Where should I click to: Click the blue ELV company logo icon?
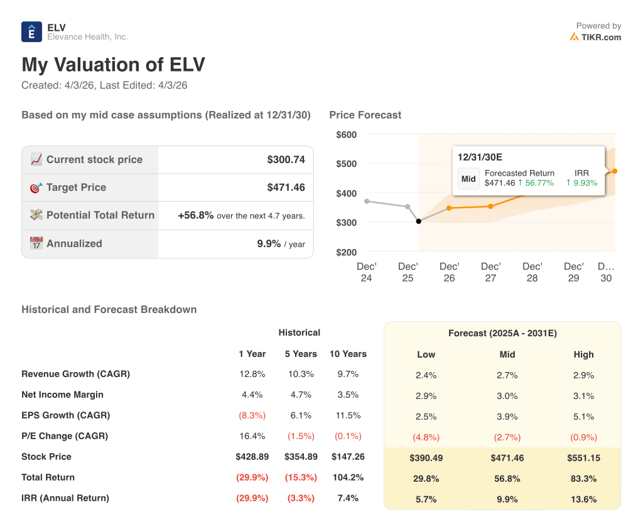[31, 31]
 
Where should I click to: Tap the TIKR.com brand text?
[600, 37]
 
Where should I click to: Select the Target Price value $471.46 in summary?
[286, 188]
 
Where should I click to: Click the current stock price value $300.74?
[286, 160]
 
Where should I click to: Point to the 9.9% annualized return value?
[269, 243]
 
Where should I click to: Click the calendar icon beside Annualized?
[36, 243]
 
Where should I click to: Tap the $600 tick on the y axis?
[346, 134]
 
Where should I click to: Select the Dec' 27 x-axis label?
[490, 272]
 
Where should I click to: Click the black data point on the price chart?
[419, 221]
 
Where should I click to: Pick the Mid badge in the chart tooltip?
[468, 178]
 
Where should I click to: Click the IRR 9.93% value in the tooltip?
[581, 183]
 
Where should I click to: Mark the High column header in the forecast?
[583, 354]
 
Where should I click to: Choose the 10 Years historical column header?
[348, 354]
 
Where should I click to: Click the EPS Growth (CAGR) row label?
[65, 415]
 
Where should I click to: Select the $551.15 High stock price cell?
[583, 458]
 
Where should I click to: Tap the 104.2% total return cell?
[348, 477]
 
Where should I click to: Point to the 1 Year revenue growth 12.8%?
[252, 374]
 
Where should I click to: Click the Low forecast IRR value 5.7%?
[426, 499]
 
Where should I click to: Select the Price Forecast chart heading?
[365, 115]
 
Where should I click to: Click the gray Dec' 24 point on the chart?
[367, 201]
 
